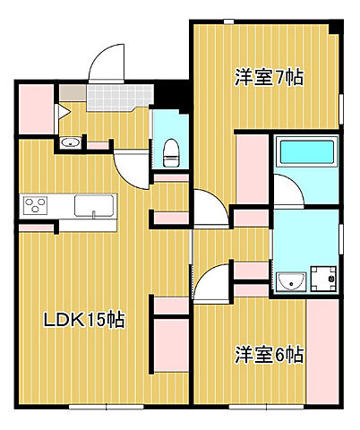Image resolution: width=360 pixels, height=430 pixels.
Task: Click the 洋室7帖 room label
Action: (270, 79)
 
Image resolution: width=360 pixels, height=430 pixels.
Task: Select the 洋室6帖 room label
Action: (270, 354)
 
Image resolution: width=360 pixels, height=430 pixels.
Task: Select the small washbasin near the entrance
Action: (69, 143)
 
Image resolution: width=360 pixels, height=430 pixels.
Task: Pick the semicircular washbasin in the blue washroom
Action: (290, 284)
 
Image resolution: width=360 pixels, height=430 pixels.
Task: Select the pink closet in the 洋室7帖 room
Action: (253, 170)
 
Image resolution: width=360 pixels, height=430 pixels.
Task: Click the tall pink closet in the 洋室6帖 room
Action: (321, 349)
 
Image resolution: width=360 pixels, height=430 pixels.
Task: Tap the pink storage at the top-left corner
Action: (34, 106)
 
